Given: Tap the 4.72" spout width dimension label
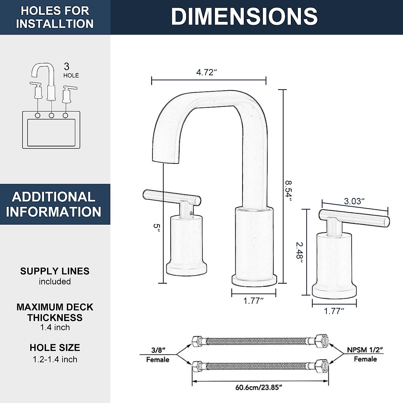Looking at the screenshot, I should pos(207,72).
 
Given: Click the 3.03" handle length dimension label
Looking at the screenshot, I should pos(354,201).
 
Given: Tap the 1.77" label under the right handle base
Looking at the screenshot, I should pos(334,311).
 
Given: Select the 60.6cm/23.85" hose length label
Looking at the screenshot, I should pos(259,387).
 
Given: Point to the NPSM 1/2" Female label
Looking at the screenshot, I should pos(365,354).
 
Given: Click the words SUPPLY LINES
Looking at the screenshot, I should pos(55,271).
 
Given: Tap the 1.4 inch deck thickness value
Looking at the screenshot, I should pos(55,327).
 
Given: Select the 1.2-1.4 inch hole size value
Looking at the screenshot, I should pos(55,359).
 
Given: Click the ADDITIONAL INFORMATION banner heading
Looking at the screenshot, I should pos(54,204).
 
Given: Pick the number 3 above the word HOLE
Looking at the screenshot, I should pos(66,66).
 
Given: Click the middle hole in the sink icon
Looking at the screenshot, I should pos(51,116).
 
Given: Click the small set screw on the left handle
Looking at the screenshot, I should pos(191,212).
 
